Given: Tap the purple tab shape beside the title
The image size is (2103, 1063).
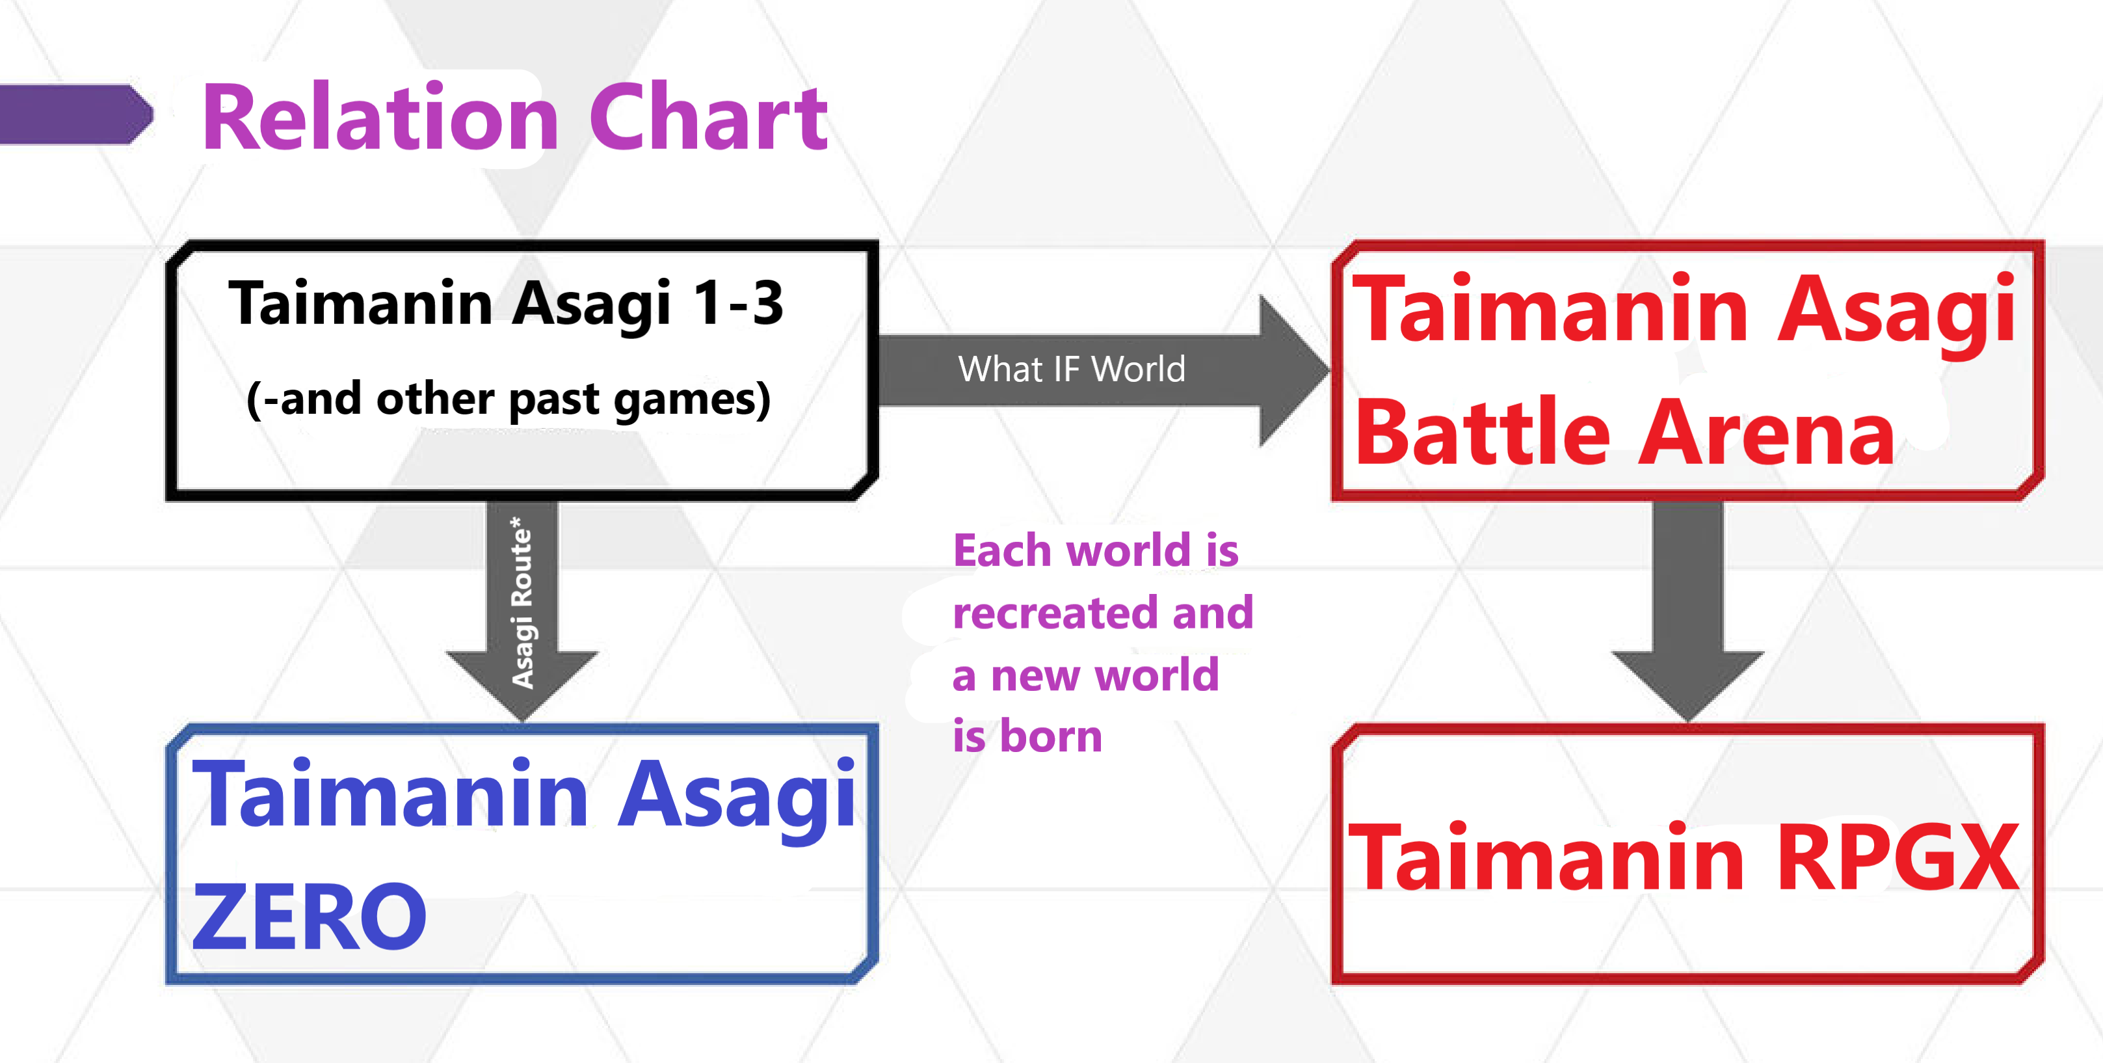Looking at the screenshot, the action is point(76,114).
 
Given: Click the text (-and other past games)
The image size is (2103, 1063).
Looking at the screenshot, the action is point(509,400).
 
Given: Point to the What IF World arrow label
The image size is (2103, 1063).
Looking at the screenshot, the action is point(1071,369).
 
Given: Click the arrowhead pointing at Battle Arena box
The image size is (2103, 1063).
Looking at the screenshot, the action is point(1292,371).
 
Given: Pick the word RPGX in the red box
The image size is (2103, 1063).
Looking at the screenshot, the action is point(1898,857).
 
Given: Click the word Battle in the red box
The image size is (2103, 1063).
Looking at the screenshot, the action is point(1483,433).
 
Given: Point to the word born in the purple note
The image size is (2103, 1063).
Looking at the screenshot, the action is point(1051,736).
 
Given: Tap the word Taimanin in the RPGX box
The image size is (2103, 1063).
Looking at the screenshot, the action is point(1547,857).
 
